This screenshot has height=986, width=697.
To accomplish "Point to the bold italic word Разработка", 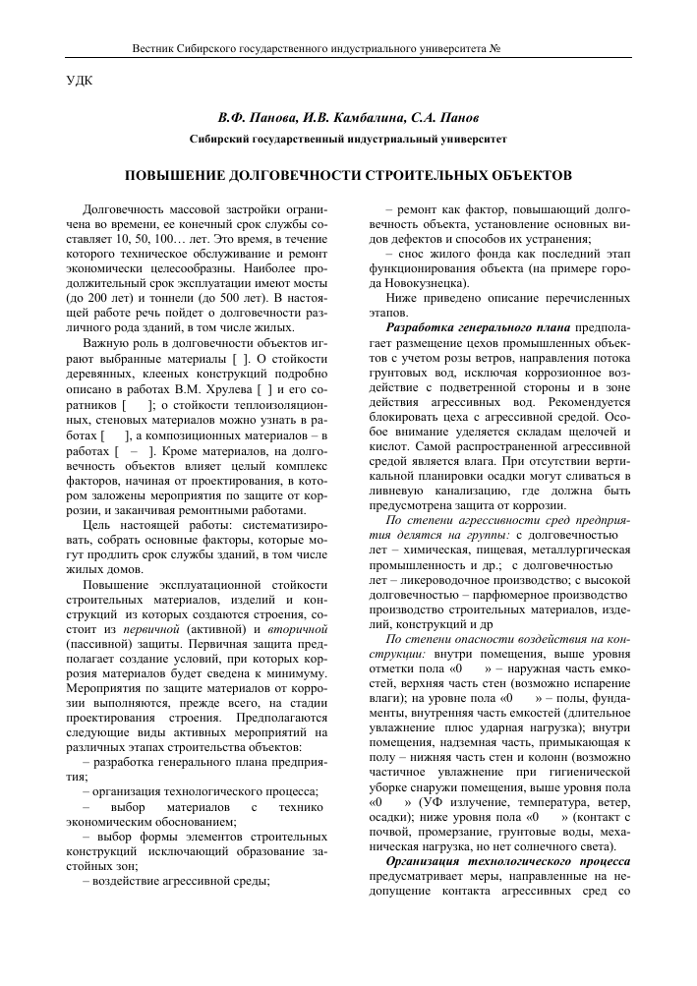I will [x=418, y=325].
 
